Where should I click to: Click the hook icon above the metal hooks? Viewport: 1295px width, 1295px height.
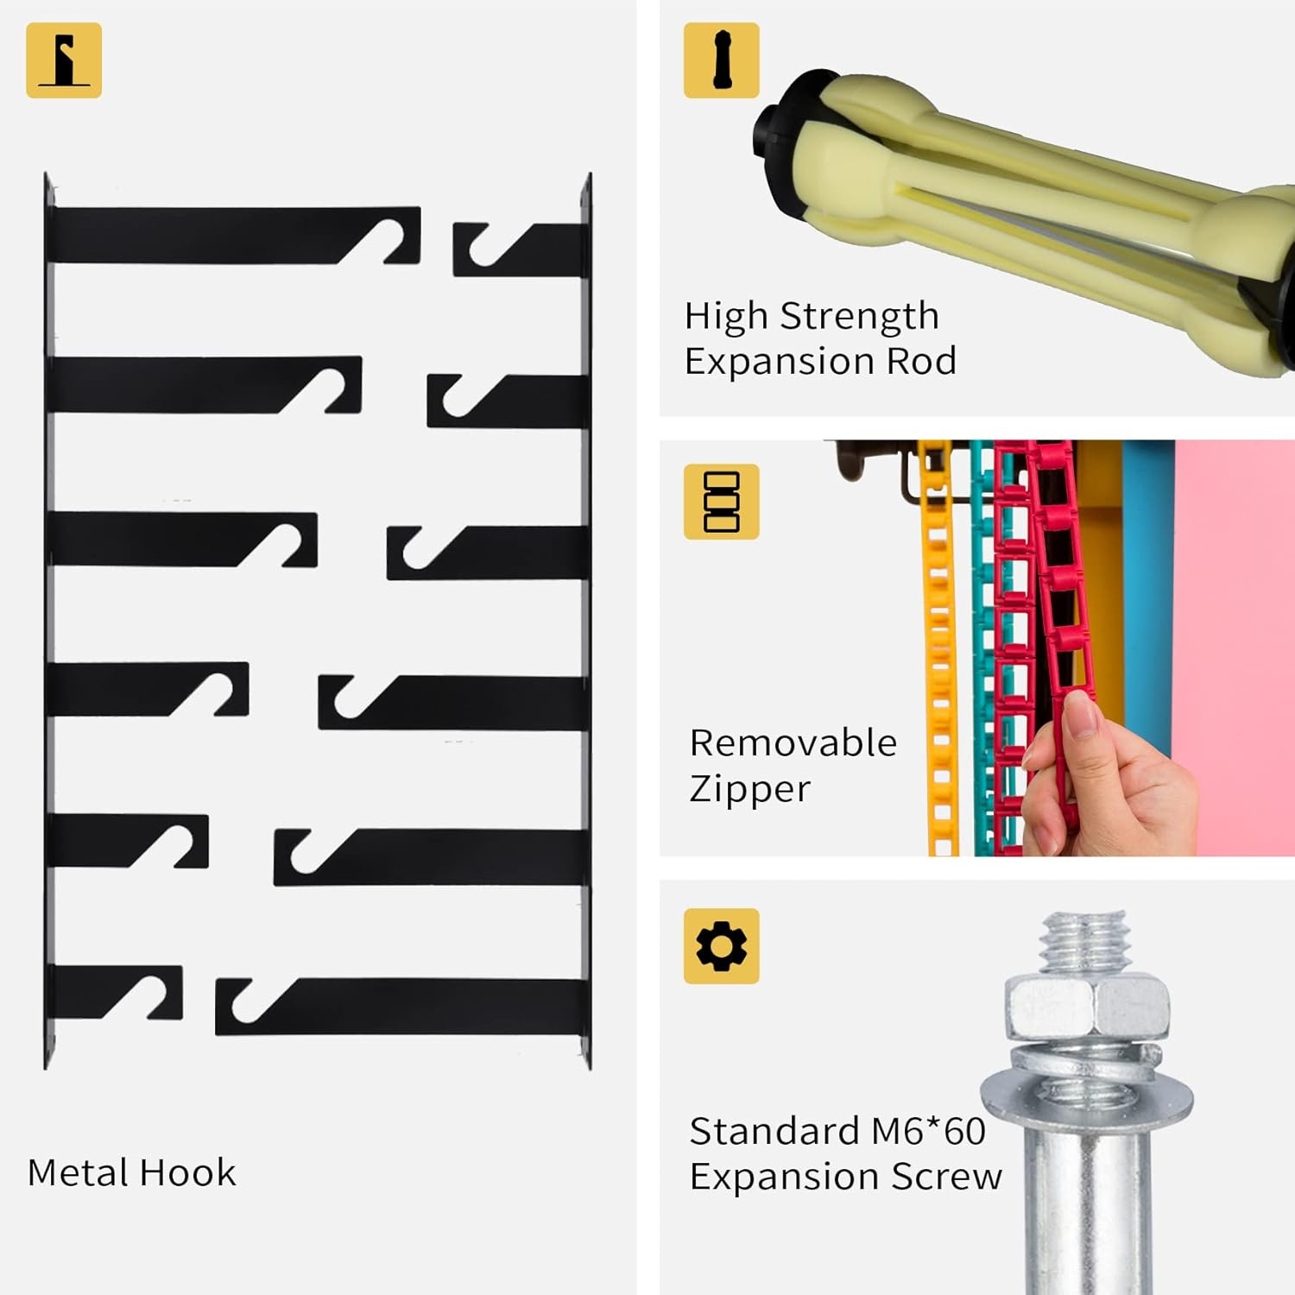(x=64, y=60)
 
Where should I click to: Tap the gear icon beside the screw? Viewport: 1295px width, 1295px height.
(x=722, y=946)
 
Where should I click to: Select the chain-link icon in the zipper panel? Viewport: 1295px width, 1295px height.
(x=722, y=502)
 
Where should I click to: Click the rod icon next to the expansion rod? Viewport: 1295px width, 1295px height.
(x=722, y=60)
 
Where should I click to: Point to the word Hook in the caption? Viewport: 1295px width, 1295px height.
(x=187, y=1172)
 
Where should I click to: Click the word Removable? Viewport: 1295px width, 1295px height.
(x=793, y=743)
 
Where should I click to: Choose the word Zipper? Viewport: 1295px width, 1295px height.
(x=750, y=789)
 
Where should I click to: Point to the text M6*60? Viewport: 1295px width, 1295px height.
(x=928, y=1131)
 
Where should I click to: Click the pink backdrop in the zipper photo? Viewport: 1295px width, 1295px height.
(x=1235, y=647)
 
